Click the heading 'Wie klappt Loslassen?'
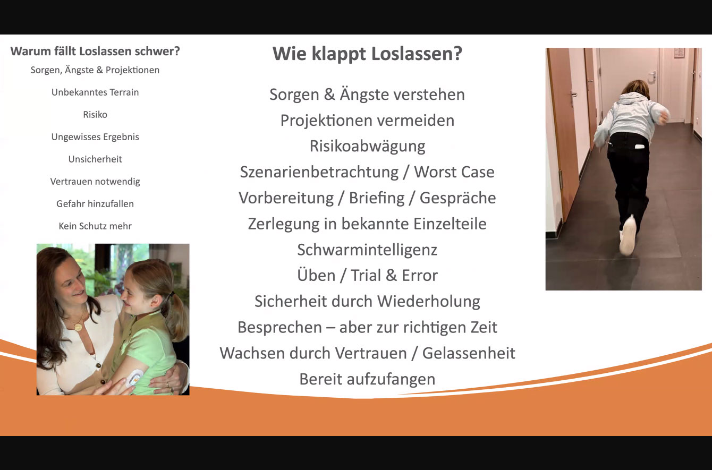point(367,54)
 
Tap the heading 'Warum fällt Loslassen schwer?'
point(95,51)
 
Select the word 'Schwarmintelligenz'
point(367,250)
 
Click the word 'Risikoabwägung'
point(368,147)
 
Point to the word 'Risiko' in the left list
point(95,114)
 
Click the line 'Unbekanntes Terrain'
point(95,92)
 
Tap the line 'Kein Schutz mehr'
point(95,226)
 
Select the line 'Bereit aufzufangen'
point(367,379)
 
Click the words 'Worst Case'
point(454,172)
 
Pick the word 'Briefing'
point(377,198)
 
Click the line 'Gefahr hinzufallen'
point(95,204)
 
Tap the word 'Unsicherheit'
point(95,159)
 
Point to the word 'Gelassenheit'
point(469,353)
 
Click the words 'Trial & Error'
point(394,275)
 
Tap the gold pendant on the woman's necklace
point(78,327)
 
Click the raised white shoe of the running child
point(628,235)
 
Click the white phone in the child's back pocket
point(640,147)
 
